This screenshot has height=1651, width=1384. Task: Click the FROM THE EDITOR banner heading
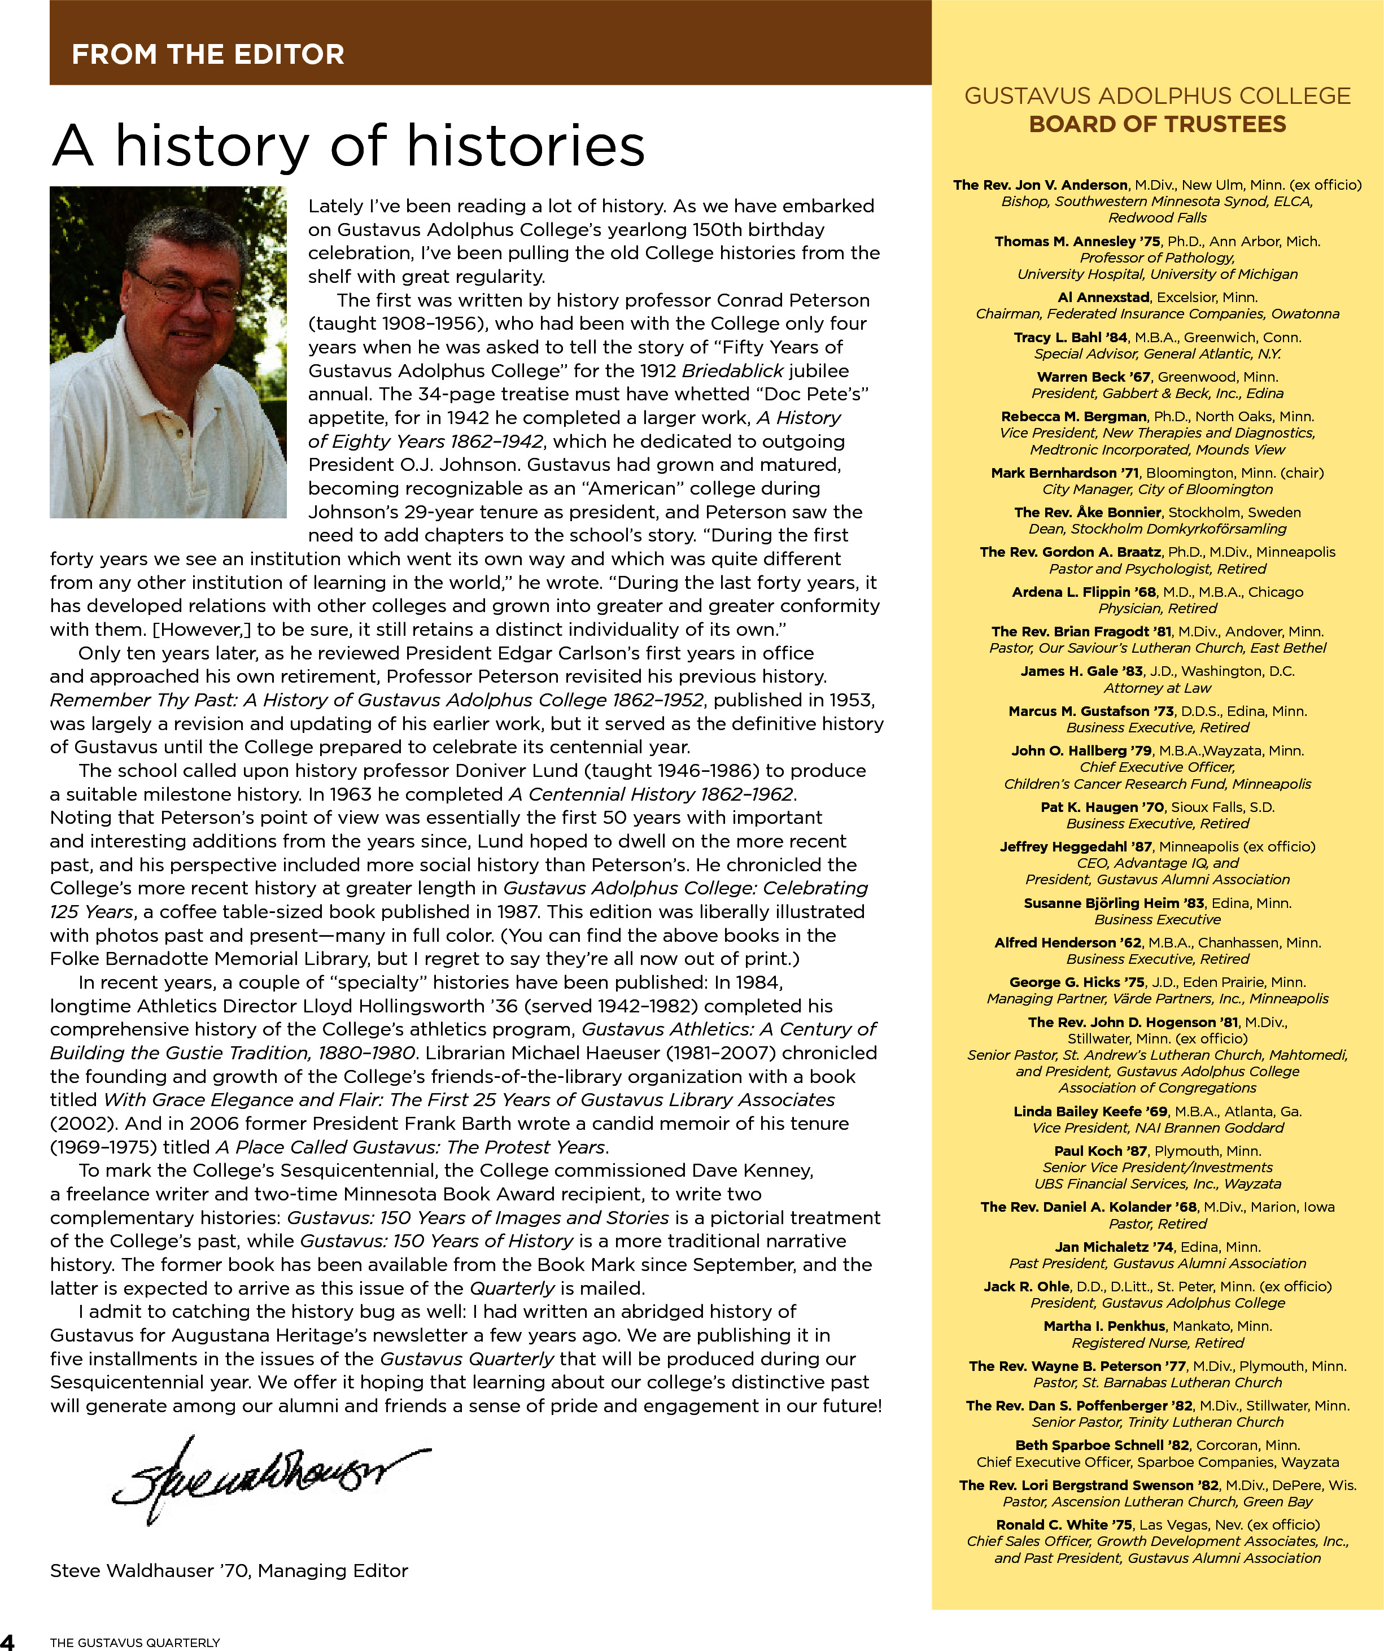click(x=208, y=54)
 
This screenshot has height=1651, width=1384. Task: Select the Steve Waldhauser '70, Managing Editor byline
click(x=229, y=1571)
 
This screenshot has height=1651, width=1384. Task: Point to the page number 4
click(x=7, y=1641)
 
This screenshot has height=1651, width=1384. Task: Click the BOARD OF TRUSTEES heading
click(x=1158, y=124)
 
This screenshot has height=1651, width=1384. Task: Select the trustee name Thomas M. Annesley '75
click(x=1076, y=241)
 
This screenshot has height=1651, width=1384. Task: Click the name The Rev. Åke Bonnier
click(x=1087, y=512)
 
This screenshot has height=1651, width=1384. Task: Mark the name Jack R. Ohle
click(x=1026, y=1286)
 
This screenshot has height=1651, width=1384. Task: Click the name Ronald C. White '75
click(x=1064, y=1525)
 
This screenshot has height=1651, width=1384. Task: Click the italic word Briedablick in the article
click(x=732, y=370)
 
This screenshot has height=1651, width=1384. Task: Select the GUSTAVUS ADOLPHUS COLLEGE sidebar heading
click(x=1158, y=96)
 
